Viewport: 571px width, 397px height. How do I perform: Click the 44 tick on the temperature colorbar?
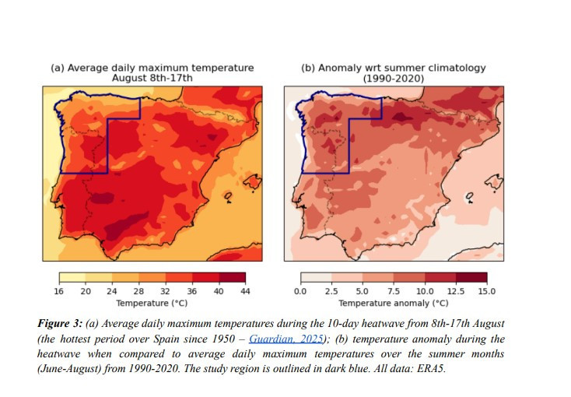coord(245,291)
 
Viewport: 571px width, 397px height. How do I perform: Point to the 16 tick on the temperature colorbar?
coord(60,291)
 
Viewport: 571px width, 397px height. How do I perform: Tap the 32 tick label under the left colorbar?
coord(165,291)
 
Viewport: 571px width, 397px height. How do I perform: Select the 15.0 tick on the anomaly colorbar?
coord(487,291)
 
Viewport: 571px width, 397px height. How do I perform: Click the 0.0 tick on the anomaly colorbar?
coord(301,291)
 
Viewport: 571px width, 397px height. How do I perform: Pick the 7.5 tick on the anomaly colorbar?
coord(394,291)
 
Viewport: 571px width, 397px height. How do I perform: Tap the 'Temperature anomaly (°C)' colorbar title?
coord(394,303)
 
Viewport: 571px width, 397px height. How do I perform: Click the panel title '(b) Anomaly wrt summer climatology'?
coord(394,68)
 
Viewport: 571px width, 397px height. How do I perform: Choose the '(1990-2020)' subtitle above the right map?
coord(394,78)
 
